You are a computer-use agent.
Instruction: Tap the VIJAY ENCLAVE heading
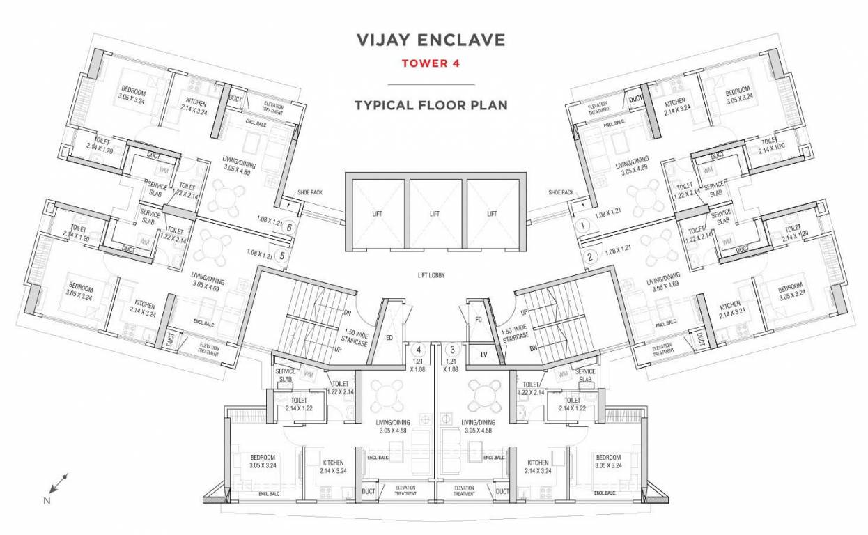tap(431, 40)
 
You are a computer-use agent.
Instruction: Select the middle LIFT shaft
tap(435, 214)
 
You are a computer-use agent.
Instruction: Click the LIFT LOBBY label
tap(431, 275)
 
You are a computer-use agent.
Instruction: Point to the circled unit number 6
tap(289, 226)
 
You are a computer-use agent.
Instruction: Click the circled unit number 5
tap(281, 256)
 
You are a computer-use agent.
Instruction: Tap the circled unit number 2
tap(590, 256)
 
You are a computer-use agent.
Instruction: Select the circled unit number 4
tap(419, 350)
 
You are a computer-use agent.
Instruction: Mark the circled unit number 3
tap(453, 350)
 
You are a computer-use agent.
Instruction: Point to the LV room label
tap(483, 355)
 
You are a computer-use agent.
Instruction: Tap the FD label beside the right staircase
tap(479, 320)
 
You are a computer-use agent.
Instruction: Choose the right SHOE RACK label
tap(561, 192)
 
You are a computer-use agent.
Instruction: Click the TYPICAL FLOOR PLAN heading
tap(431, 106)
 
